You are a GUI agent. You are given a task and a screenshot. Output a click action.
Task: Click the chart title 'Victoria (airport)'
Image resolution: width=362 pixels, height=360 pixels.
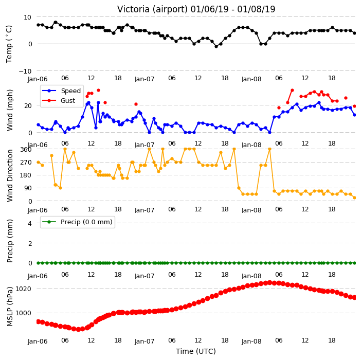(x=153, y=9)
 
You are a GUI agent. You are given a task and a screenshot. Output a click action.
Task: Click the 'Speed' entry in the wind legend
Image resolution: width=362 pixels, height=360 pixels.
(x=70, y=91)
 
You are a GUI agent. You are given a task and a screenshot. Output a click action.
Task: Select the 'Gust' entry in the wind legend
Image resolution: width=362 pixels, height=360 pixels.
(x=68, y=101)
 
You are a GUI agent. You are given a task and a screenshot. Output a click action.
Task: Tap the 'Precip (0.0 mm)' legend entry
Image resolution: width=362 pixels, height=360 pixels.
(x=86, y=222)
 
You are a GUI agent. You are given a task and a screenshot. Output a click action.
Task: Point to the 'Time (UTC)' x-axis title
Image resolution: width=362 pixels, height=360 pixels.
(x=196, y=351)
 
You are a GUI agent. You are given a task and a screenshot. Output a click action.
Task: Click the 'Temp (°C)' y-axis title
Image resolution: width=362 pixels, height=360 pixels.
(x=9, y=44)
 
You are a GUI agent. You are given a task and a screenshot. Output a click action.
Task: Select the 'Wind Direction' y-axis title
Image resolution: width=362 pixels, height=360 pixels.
(x=10, y=175)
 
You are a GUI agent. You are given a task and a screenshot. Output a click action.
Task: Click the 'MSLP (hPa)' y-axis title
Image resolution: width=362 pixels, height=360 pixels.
(x=10, y=306)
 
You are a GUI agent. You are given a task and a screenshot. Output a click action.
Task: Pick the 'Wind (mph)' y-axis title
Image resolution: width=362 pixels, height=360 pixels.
(x=10, y=111)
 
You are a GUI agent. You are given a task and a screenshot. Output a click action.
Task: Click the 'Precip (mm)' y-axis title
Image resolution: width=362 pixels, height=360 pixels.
(x=10, y=241)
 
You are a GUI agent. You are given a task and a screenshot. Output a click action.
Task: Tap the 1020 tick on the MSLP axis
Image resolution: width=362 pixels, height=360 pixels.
(x=23, y=289)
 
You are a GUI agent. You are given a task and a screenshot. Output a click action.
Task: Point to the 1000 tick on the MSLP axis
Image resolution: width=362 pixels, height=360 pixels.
(x=23, y=313)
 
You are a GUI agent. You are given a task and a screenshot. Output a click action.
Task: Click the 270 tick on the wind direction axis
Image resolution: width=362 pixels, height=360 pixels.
(x=26, y=163)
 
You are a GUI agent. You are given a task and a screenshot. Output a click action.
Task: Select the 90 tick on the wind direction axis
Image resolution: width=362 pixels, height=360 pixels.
(x=28, y=188)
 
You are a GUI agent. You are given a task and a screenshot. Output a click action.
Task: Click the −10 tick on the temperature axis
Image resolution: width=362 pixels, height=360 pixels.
(x=25, y=71)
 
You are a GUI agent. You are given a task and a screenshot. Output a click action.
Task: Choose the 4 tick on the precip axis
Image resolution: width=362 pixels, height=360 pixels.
(x=30, y=223)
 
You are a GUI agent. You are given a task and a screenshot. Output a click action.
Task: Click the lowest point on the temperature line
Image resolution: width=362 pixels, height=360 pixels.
(x=216, y=46)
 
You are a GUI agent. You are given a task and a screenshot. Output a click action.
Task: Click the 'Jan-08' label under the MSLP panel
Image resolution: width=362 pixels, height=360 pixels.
(x=251, y=341)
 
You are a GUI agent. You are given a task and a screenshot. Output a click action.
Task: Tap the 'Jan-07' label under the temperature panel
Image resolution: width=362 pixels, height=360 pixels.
(x=144, y=79)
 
